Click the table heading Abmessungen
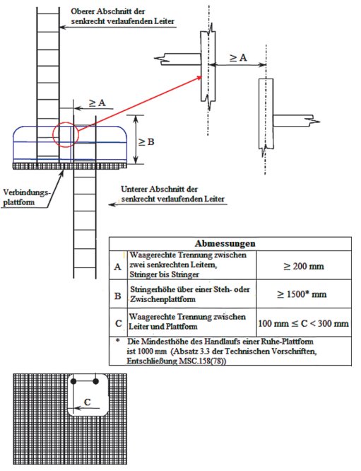225,243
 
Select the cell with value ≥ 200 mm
304,266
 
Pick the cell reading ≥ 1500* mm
304,293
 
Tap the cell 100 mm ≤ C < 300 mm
304,323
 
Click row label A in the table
118,267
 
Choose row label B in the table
118,296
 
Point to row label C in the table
119,323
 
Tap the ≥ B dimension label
146,141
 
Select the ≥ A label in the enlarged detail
238,57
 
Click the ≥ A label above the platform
97,103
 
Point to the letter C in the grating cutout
88,402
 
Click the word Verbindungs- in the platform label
27,192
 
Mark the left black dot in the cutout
73,381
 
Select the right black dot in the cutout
96,381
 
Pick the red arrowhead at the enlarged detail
199,78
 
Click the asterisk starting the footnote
118,341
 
